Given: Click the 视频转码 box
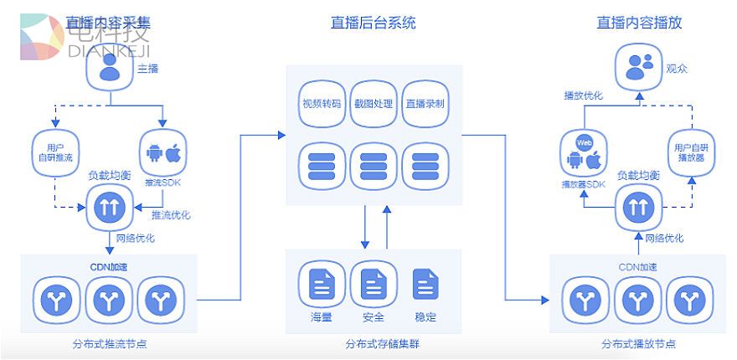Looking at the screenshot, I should point(322,105).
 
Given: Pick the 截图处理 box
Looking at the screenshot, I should point(373,105).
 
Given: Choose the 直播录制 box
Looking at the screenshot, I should point(425,105).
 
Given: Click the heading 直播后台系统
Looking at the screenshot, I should point(373,23).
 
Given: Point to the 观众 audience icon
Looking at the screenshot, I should point(639,66).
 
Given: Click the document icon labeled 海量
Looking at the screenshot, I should point(322,285).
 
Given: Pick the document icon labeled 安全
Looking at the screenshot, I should point(374,285).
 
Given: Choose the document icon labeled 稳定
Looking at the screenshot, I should point(425,285).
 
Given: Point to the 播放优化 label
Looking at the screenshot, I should point(582,95).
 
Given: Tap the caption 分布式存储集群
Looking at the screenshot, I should point(374,343).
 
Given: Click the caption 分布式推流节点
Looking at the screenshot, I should point(110,343).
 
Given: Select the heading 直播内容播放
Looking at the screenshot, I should point(639,23).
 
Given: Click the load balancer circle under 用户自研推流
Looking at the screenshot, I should point(109,208).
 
